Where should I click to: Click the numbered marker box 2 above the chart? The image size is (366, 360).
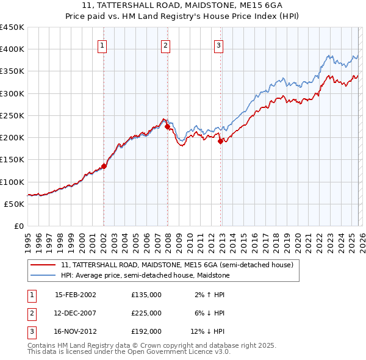[x=165, y=45]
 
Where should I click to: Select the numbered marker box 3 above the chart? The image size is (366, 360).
[x=218, y=45]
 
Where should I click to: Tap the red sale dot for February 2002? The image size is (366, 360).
[x=104, y=165]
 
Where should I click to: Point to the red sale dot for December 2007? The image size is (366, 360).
[x=167, y=127]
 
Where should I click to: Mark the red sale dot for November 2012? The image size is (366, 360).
[x=220, y=141]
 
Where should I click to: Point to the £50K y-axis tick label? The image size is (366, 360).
[x=15, y=204]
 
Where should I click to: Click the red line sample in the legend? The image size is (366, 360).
[x=43, y=265]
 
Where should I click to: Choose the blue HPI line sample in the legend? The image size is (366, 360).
[x=43, y=276]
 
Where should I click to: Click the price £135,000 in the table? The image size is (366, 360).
[x=146, y=295]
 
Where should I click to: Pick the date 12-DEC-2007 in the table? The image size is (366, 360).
[x=75, y=313]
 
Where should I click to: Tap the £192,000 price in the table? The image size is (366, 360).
[x=146, y=331]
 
